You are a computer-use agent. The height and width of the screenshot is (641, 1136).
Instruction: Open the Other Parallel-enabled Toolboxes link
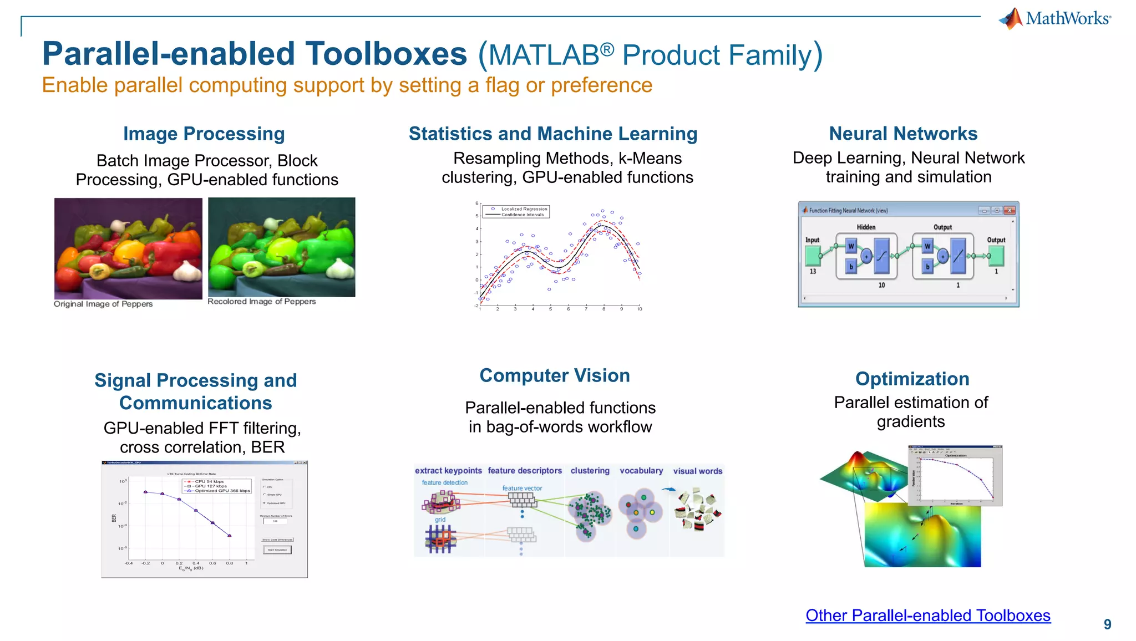click(928, 615)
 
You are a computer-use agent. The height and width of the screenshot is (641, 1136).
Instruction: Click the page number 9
click(1107, 624)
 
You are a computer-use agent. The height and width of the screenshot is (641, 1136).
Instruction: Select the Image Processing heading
click(204, 134)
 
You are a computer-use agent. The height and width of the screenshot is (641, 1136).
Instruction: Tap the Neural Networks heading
click(903, 134)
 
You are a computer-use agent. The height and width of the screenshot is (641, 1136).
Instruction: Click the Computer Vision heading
click(555, 375)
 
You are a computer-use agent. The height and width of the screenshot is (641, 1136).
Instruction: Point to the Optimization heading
click(912, 379)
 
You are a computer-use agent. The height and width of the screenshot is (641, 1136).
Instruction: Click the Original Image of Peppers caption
click(103, 304)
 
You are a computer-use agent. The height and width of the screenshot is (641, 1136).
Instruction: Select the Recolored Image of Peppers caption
click(261, 302)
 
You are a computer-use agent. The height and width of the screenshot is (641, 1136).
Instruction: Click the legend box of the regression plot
click(516, 212)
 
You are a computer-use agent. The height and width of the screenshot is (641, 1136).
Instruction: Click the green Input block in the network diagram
click(813, 256)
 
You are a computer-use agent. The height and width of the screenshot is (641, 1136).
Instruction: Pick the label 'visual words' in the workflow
click(697, 471)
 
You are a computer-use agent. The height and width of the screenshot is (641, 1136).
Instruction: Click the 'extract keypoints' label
click(448, 471)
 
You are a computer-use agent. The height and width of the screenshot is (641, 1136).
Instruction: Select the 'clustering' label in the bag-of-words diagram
click(590, 471)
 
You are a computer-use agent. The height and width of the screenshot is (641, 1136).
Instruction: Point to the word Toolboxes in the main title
click(387, 54)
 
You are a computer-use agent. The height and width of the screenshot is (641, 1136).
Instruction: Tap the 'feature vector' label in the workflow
click(522, 489)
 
